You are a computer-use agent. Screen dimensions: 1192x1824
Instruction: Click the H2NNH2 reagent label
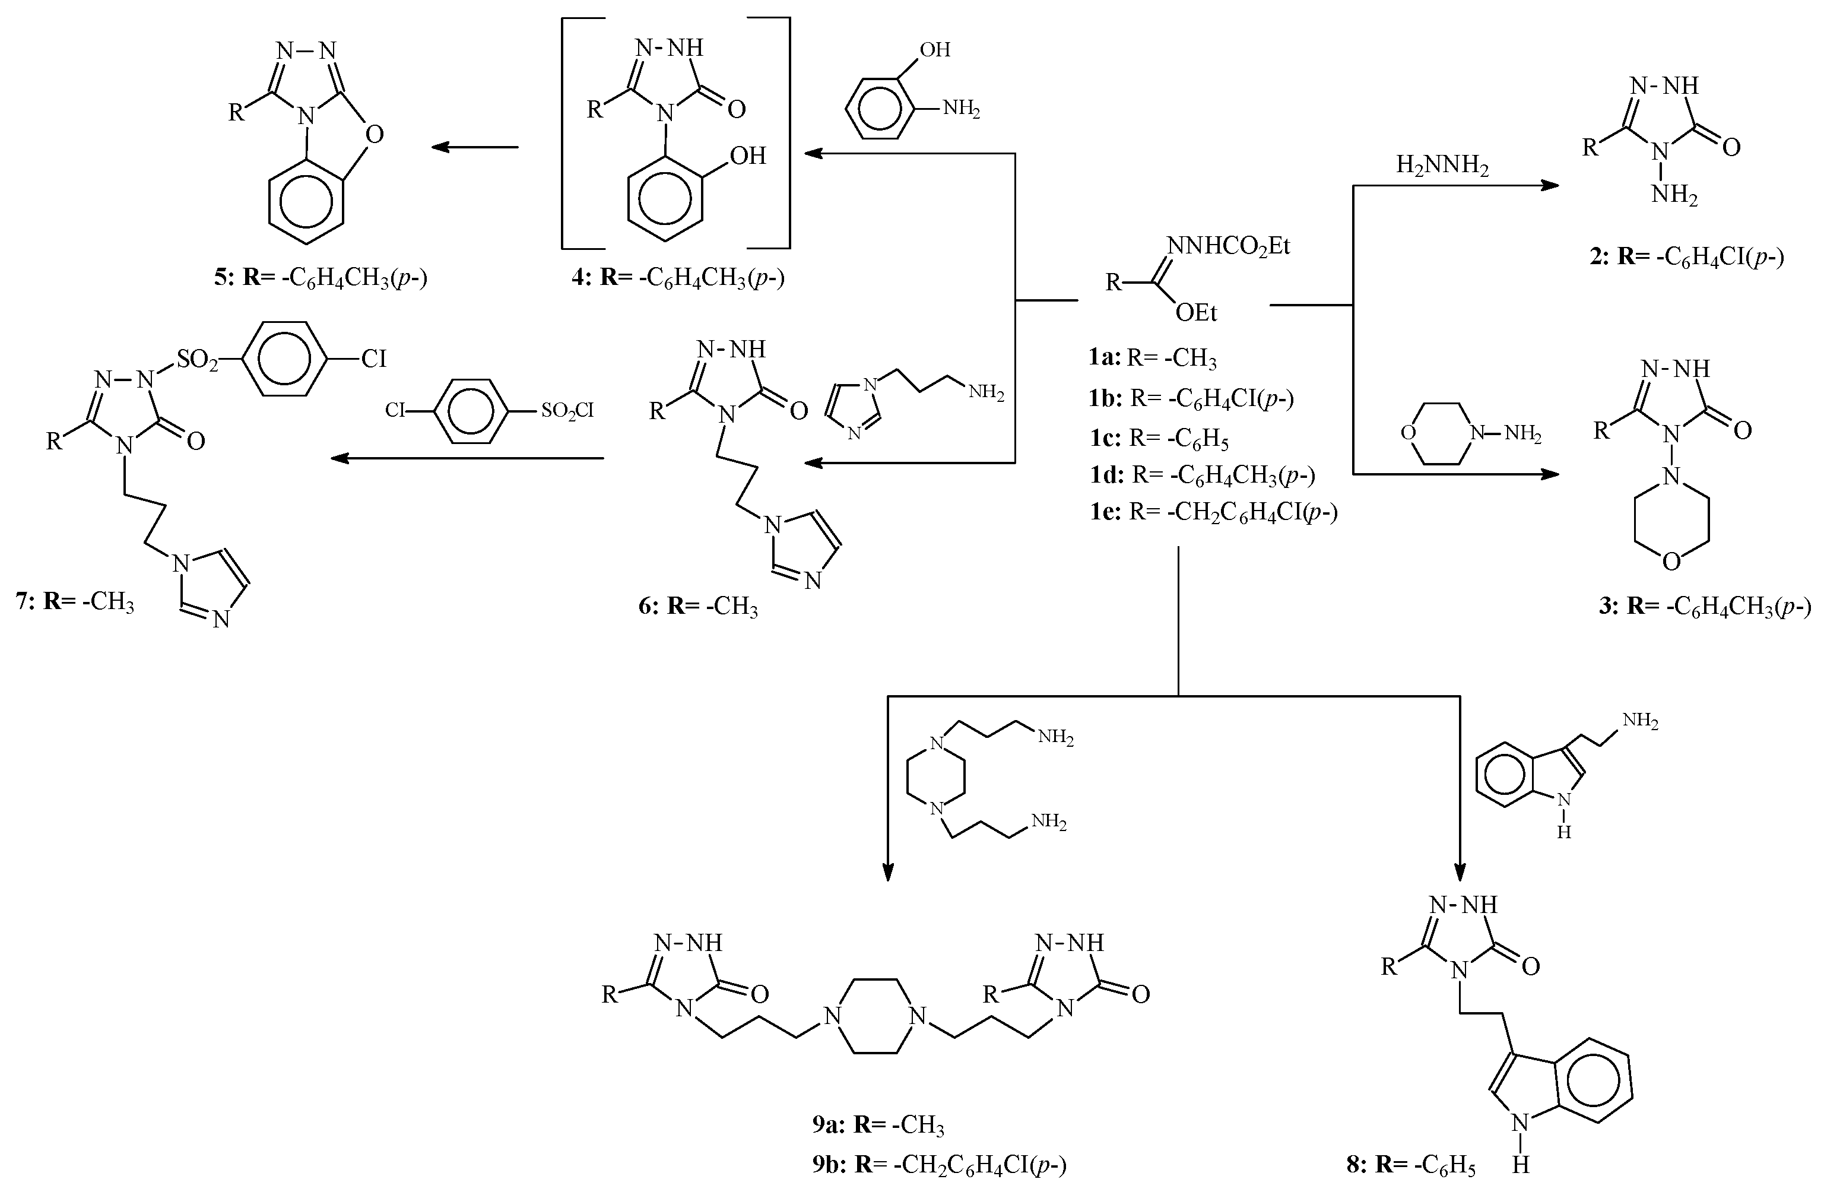click(x=1442, y=166)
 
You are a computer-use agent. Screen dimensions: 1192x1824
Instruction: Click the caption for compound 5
click(x=321, y=277)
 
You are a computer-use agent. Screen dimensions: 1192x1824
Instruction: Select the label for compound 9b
click(x=939, y=1165)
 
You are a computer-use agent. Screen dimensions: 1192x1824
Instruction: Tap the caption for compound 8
click(x=1411, y=1165)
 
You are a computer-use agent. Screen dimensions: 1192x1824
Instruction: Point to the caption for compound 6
click(x=698, y=606)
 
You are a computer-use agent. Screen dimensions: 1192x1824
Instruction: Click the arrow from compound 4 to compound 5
click(x=475, y=147)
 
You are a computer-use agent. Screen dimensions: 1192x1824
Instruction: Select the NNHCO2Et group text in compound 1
click(x=1229, y=246)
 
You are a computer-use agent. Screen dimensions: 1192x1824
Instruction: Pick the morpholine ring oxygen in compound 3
click(x=1671, y=562)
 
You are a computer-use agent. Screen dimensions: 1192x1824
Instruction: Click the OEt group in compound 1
click(x=1197, y=313)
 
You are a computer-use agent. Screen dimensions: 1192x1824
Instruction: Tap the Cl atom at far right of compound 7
click(x=374, y=358)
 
